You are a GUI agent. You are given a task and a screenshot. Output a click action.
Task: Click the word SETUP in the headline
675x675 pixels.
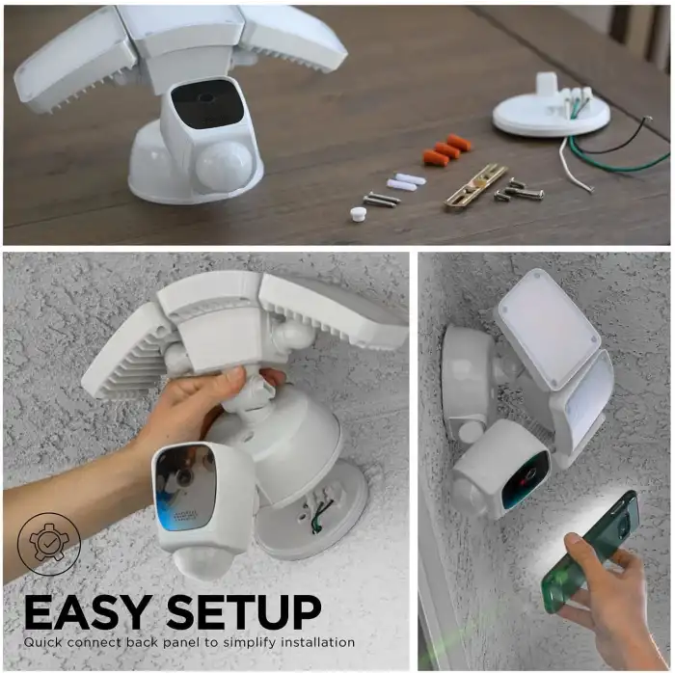(x=243, y=611)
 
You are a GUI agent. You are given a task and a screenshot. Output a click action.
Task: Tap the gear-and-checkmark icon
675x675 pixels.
(x=48, y=543)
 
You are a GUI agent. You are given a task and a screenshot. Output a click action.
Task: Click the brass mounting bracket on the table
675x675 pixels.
(x=475, y=186)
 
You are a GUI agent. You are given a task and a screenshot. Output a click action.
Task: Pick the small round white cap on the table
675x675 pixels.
(x=359, y=215)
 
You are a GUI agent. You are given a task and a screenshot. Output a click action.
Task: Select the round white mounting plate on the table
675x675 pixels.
(x=551, y=115)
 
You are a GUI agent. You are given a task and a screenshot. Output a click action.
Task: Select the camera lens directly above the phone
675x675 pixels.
(x=526, y=480)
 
